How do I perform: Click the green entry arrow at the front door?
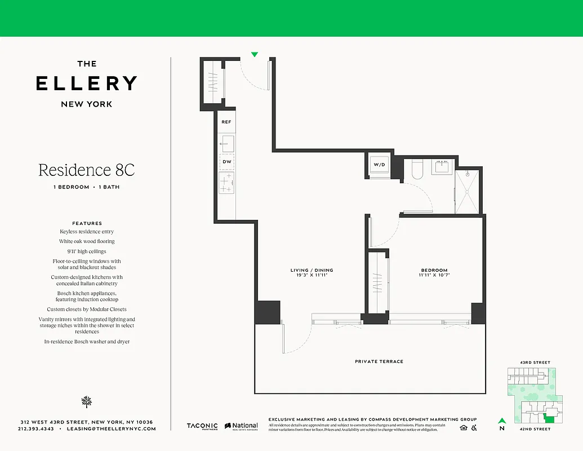click(255, 55)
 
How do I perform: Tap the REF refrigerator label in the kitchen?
click(226, 122)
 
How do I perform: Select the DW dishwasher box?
click(227, 162)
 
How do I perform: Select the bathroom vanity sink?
click(441, 167)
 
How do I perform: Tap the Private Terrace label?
click(379, 361)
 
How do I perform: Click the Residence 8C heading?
click(87, 170)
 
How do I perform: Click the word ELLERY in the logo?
click(87, 83)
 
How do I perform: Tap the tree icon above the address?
click(87, 401)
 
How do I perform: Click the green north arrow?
click(501, 421)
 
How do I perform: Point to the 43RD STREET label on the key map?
click(535, 362)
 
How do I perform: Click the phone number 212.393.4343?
click(36, 429)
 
